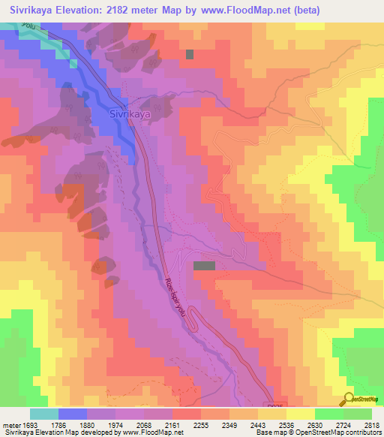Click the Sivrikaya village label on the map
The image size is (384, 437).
[130, 115]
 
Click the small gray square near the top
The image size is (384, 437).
[190, 54]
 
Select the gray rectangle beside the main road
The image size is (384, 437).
[204, 266]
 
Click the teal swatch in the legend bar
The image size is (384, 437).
[44, 414]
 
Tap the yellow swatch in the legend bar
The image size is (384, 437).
[300, 414]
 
